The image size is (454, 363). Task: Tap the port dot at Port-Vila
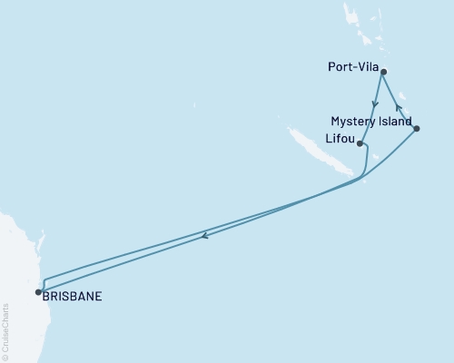point(384,72)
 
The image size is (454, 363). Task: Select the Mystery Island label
point(371,121)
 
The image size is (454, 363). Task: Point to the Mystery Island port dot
point(416,129)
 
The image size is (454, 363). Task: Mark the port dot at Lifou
point(360,143)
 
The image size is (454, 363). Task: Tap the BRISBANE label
point(74,295)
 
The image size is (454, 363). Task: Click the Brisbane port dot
point(38,292)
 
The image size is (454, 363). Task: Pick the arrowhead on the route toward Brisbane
point(204,238)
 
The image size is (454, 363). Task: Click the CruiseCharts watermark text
point(6,331)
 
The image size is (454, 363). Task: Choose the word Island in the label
point(396,121)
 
